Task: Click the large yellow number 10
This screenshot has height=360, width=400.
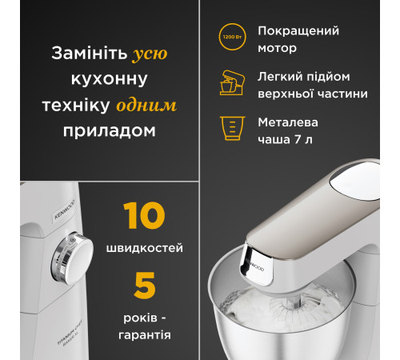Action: pos(145,218)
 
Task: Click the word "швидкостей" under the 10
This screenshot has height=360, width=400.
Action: pos(145,246)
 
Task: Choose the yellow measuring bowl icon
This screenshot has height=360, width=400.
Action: pos(230,128)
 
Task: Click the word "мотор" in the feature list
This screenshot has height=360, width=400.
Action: pos(278,48)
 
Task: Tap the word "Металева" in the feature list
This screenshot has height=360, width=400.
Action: pos(288,122)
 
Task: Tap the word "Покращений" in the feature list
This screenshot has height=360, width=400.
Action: pos(298,31)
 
